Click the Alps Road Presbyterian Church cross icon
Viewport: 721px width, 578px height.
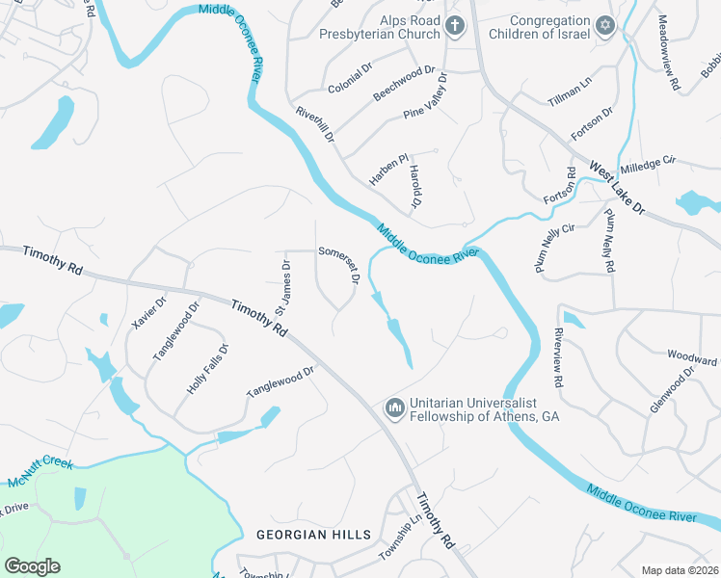pos(454,28)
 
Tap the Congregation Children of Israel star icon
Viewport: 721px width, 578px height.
pos(605,26)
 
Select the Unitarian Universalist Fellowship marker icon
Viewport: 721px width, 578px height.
pos(393,408)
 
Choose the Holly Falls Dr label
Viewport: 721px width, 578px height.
pos(207,369)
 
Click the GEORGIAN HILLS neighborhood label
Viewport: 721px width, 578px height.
pos(313,535)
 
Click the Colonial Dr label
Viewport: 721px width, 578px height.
pos(349,78)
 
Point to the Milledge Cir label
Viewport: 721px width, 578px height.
pos(649,165)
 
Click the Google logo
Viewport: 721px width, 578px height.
pos(32,566)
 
